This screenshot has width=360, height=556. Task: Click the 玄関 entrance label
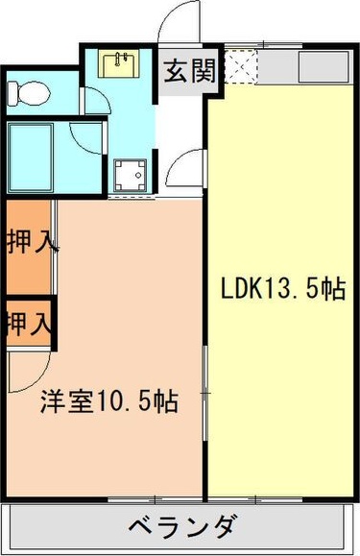188,73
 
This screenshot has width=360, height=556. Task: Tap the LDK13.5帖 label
282,289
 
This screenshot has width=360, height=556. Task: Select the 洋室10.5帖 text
108,402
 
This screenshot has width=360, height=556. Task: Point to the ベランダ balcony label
182,527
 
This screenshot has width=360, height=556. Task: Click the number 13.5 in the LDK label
292,289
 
